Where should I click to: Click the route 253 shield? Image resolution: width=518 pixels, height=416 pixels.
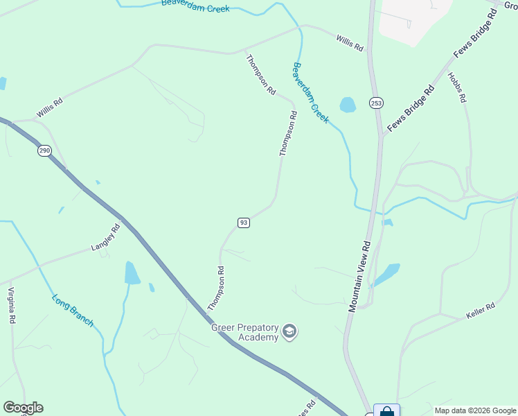376,103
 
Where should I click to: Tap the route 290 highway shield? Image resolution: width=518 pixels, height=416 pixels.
44,151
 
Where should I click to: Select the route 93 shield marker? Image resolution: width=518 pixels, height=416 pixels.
243,223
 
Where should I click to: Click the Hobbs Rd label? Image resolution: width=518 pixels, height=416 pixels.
456,88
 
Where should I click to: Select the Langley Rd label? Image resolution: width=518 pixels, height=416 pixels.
106,238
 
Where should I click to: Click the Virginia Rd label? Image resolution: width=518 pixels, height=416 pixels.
11,306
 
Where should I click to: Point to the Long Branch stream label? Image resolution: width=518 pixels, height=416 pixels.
73,311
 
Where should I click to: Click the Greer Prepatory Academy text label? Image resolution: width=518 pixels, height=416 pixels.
244,332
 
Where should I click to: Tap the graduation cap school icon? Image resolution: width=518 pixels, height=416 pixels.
289,333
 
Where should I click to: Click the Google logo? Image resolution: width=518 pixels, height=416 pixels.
23,408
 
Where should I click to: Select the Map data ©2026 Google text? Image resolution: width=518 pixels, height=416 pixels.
476,410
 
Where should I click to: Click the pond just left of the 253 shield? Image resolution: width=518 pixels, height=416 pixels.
348,105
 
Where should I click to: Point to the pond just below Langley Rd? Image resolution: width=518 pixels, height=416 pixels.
132,273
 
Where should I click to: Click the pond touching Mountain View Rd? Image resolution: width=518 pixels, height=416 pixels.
388,273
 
